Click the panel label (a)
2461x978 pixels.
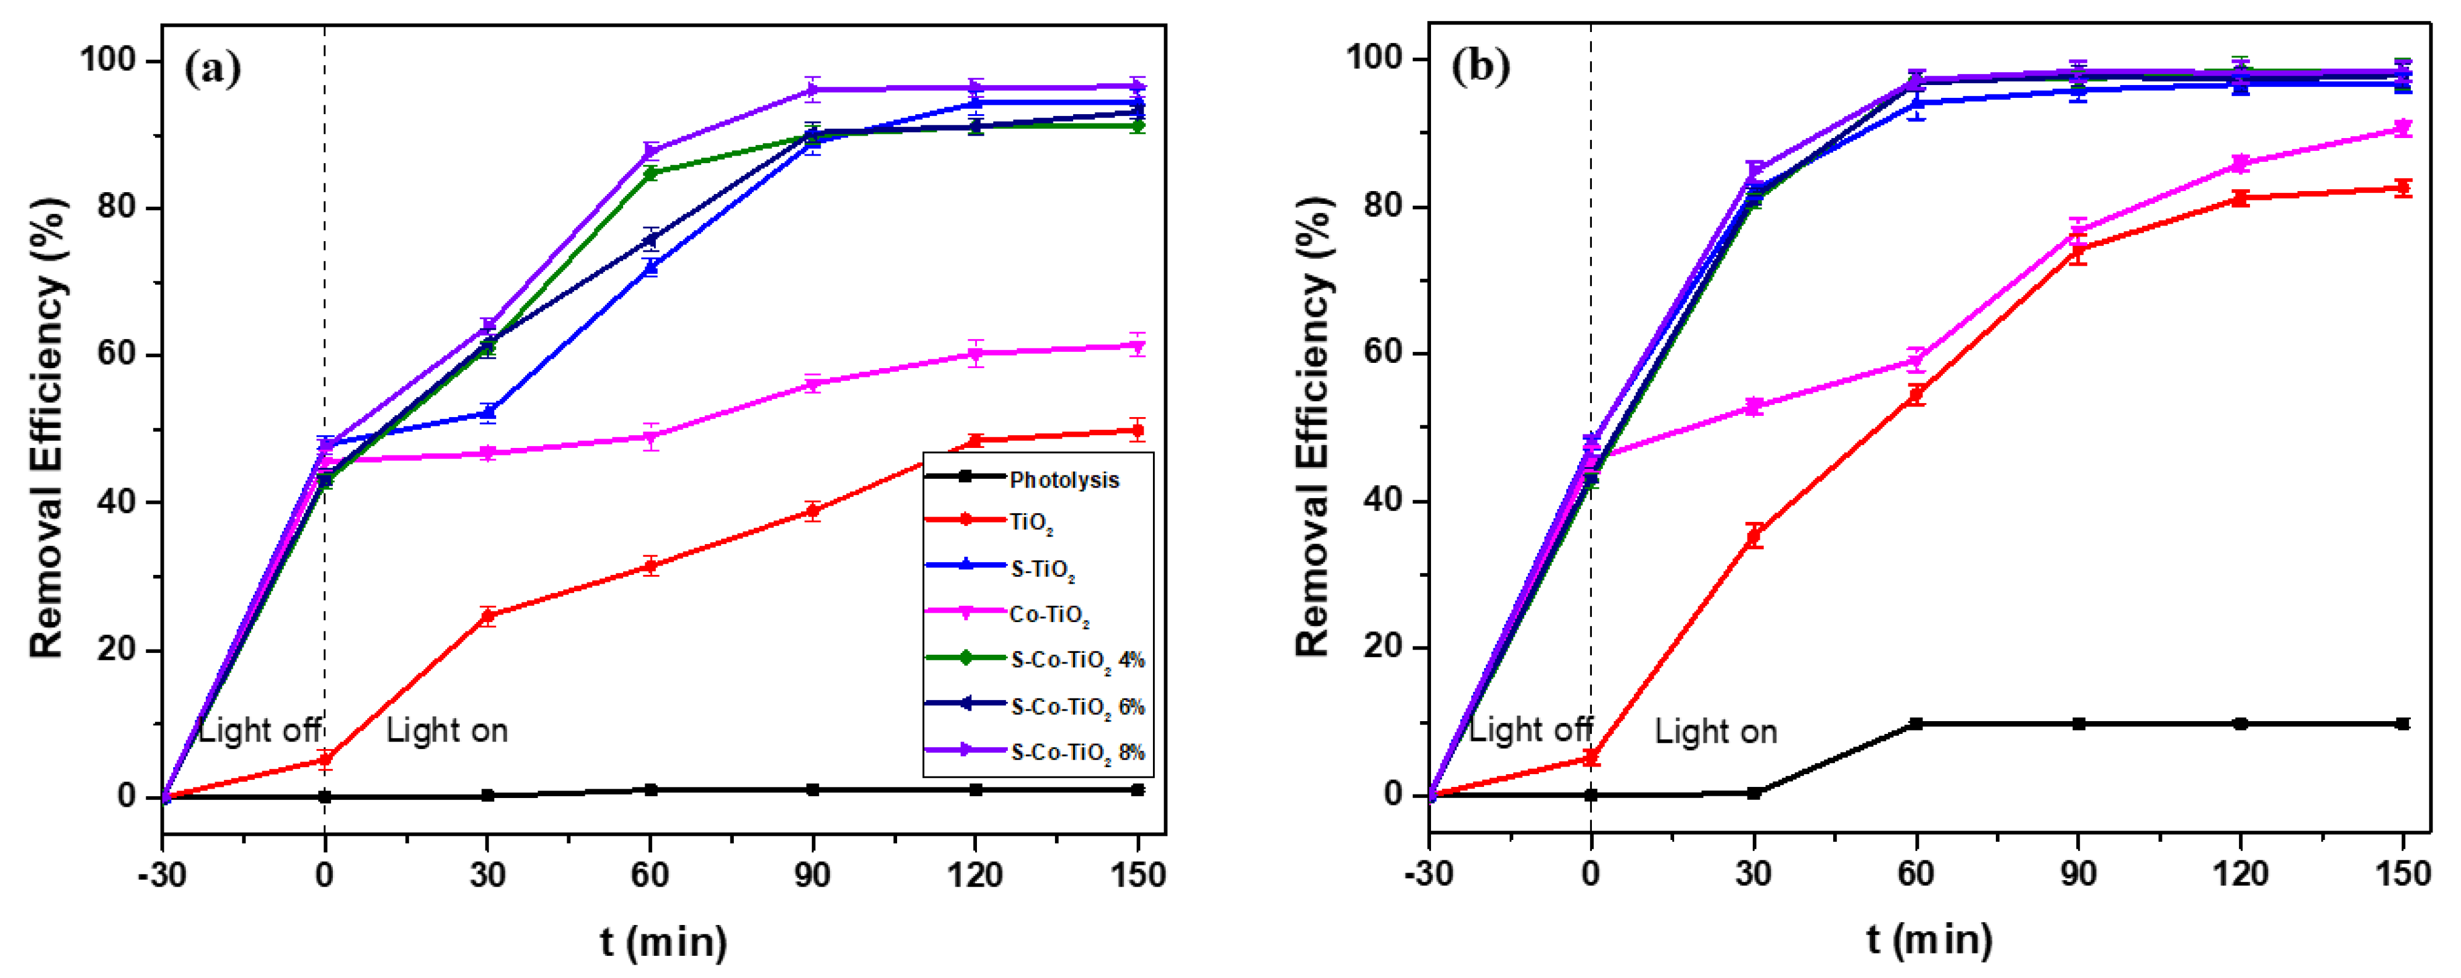pyautogui.click(x=212, y=69)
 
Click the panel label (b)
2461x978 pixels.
pyautogui.click(x=1480, y=67)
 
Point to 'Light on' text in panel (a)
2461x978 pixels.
pyautogui.click(x=446, y=730)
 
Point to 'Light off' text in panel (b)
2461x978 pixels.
pyautogui.click(x=1530, y=730)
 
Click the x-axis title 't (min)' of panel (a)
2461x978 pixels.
pyautogui.click(x=663, y=942)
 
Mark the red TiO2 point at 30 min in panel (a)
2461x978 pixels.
pyautogui.click(x=487, y=616)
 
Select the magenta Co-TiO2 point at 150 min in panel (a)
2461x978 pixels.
pyautogui.click(x=1137, y=346)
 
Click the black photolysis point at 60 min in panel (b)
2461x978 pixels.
pyautogui.click(x=1915, y=724)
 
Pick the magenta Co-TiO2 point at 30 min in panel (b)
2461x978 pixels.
pyautogui.click(x=1753, y=407)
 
